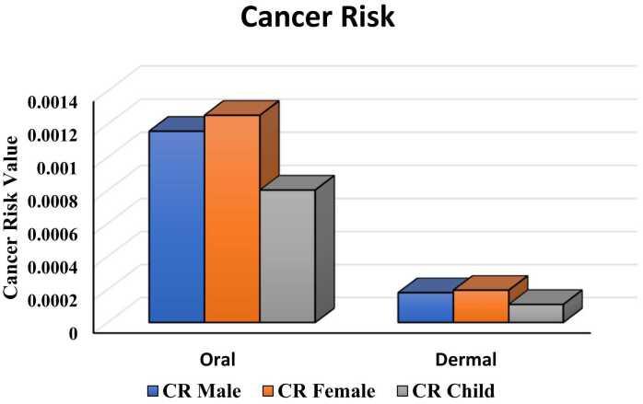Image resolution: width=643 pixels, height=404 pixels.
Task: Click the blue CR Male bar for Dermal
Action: pyautogui.click(x=425, y=307)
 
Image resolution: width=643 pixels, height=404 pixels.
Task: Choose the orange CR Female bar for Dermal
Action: pyautogui.click(x=480, y=306)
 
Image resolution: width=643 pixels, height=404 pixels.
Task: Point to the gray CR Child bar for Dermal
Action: pyautogui.click(x=535, y=313)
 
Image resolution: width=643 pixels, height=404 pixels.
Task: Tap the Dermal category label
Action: pyautogui.click(x=465, y=359)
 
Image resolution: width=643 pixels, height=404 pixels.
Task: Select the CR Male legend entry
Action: pyautogui.click(x=193, y=390)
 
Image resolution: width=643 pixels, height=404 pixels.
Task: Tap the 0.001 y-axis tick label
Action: pyautogui.click(x=58, y=166)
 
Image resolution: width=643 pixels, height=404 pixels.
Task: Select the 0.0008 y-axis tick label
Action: pyautogui.click(x=53, y=199)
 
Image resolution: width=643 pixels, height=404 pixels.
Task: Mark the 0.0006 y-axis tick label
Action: pyautogui.click(x=53, y=232)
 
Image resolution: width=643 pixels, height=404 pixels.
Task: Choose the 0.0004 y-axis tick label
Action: pyautogui.click(x=53, y=265)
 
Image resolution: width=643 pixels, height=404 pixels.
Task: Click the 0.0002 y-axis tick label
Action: pyautogui.click(x=53, y=298)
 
